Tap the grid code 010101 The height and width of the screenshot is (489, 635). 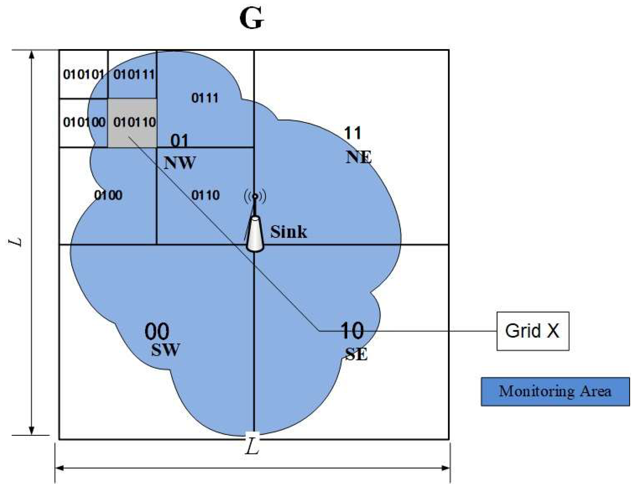click(83, 74)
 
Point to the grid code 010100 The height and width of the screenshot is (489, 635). click(84, 122)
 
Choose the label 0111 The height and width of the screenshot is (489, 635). click(205, 98)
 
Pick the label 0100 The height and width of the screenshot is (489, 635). click(108, 195)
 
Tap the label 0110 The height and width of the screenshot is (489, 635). click(205, 195)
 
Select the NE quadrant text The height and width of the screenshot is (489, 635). click(358, 157)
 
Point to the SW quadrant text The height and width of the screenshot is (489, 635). click(165, 350)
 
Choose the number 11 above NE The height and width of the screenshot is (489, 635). click(352, 133)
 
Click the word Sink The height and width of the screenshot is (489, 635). click(289, 232)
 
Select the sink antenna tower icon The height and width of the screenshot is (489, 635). click(255, 227)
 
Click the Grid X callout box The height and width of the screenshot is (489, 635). click(533, 331)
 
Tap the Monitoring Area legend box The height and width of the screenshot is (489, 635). click(555, 391)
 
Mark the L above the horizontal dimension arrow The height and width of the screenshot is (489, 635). click(252, 448)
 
